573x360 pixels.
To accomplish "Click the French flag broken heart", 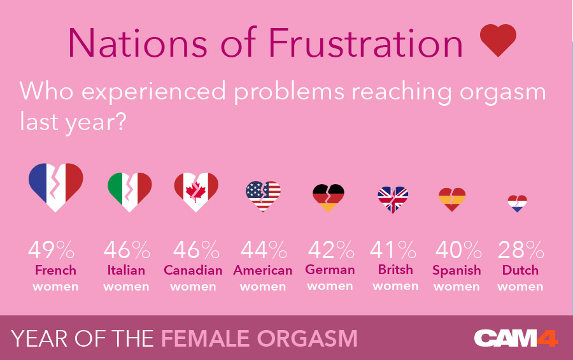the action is click(56, 187).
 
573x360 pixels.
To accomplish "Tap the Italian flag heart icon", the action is click(130, 192).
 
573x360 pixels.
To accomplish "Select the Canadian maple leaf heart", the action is click(196, 192).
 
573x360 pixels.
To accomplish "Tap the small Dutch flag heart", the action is click(518, 203).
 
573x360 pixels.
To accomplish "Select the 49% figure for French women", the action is click(51, 250).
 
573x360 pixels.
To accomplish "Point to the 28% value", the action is click(521, 250).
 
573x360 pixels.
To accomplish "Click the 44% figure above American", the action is click(264, 250).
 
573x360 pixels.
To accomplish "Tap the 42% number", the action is click(331, 250).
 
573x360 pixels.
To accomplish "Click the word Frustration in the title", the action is click(365, 43).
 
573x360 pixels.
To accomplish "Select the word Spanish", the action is click(456, 271).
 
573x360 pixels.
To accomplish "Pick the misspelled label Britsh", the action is click(395, 270).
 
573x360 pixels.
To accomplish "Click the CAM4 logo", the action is click(516, 338).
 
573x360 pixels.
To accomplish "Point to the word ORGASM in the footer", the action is click(308, 338).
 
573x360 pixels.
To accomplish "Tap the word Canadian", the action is click(193, 270).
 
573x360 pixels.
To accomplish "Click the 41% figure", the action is click(393, 250).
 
